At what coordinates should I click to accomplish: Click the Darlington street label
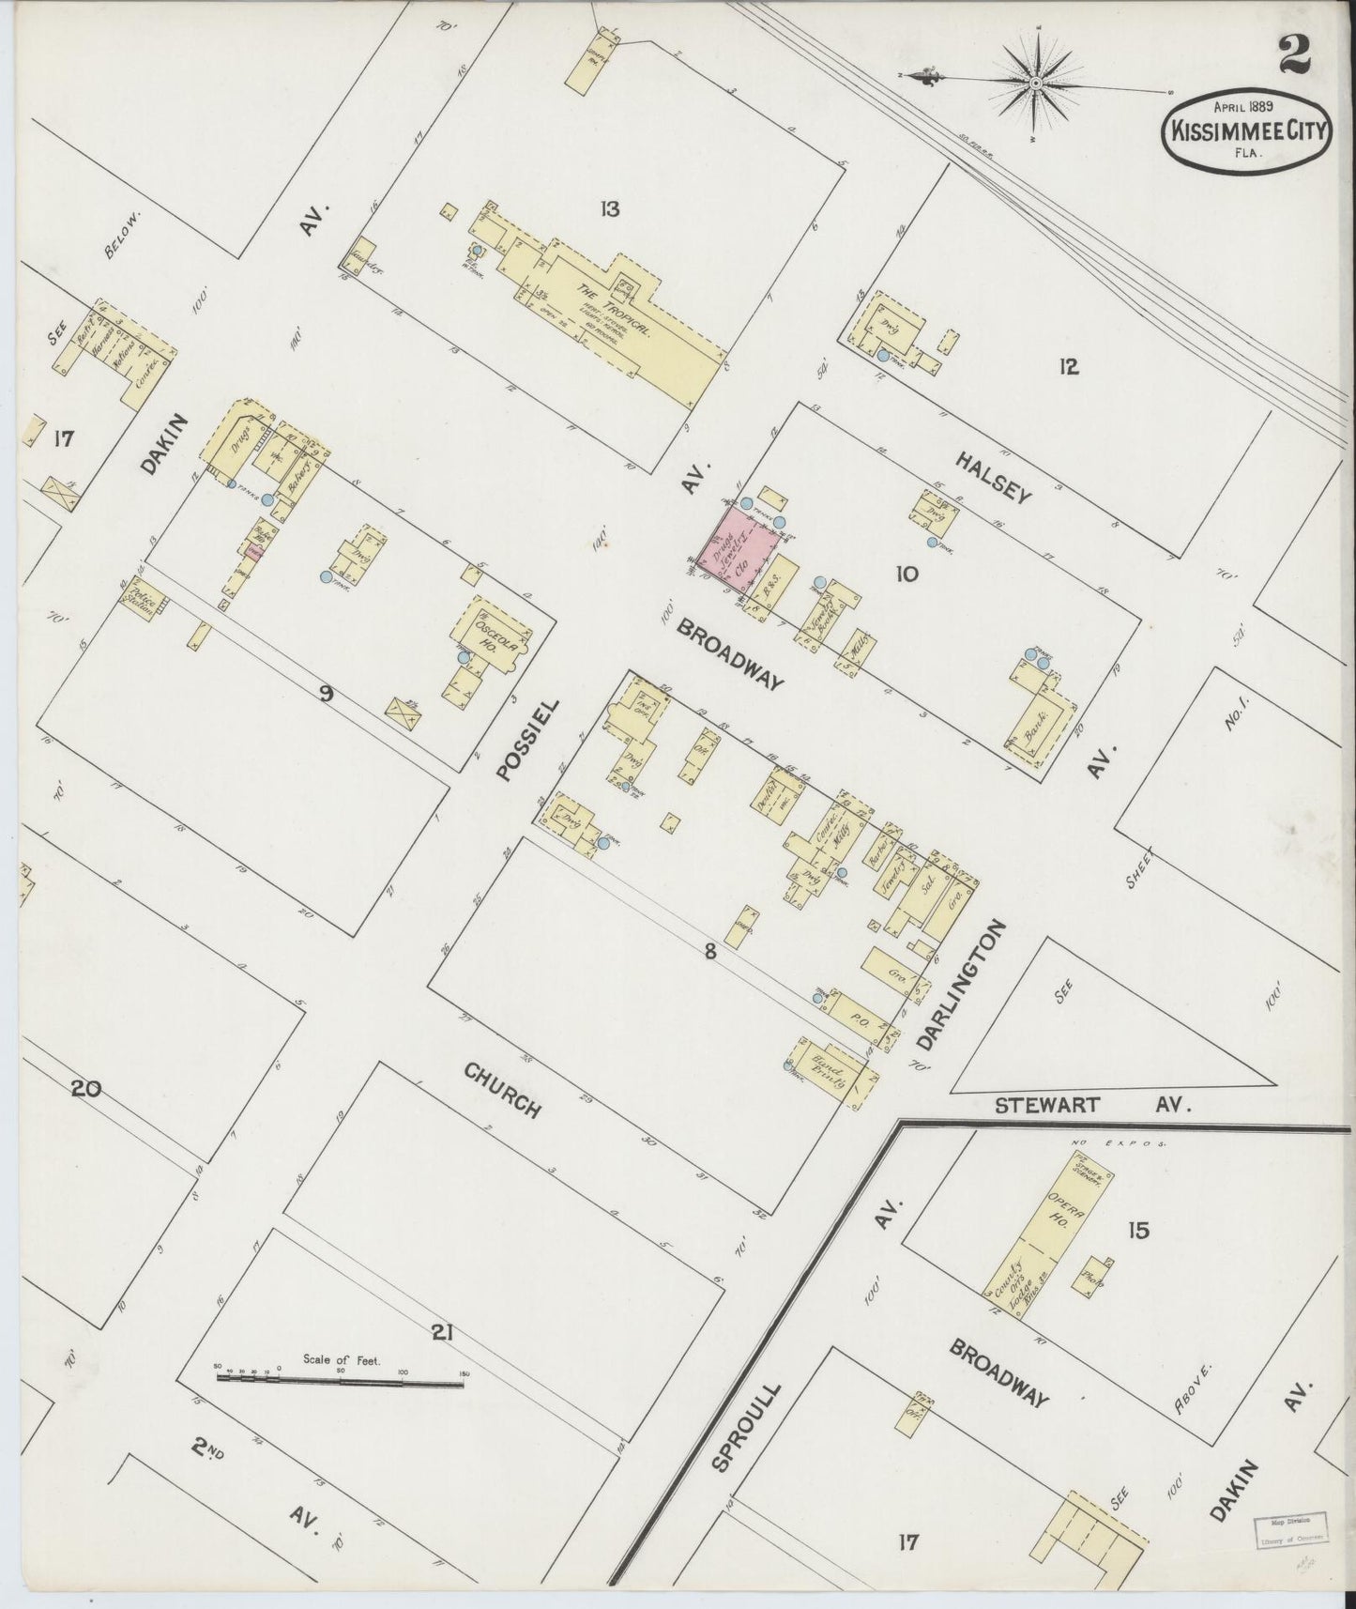(x=962, y=985)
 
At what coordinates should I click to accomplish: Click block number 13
(x=611, y=208)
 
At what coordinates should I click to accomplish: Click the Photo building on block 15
(x=1093, y=1277)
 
